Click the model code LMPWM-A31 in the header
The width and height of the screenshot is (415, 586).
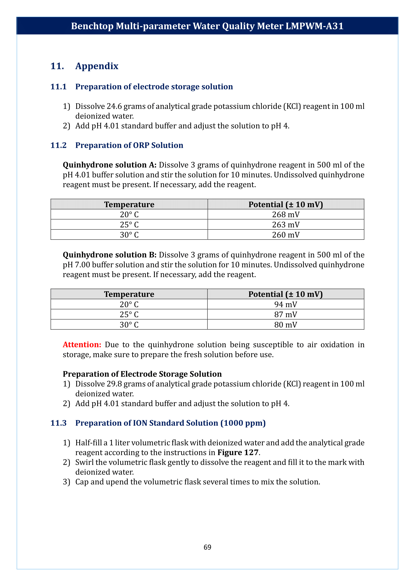coord(314,26)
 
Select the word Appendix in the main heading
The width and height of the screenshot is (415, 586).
coord(97,66)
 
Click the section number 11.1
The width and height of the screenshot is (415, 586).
coord(58,87)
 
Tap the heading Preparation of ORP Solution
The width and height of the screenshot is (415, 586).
coord(129,145)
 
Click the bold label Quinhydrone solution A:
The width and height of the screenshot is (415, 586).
coord(110,165)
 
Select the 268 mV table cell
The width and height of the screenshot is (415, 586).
coord(286,214)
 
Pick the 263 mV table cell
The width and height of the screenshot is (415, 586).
coord(286,224)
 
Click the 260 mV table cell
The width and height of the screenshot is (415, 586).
coord(286,235)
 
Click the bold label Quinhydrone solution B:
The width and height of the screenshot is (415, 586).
coord(110,255)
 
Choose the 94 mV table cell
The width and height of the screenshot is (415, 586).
coord(286,304)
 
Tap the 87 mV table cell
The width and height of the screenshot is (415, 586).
coord(286,314)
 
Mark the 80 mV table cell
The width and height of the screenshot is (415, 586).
coord(286,325)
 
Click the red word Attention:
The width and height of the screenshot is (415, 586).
coord(82,345)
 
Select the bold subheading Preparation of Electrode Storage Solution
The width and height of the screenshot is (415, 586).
coord(142,374)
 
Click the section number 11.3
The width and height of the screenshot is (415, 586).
coord(58,423)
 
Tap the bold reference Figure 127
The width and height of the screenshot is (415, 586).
coord(238,452)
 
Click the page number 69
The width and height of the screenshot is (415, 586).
coord(207,547)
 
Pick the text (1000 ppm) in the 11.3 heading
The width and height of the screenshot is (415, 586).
coord(243,423)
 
